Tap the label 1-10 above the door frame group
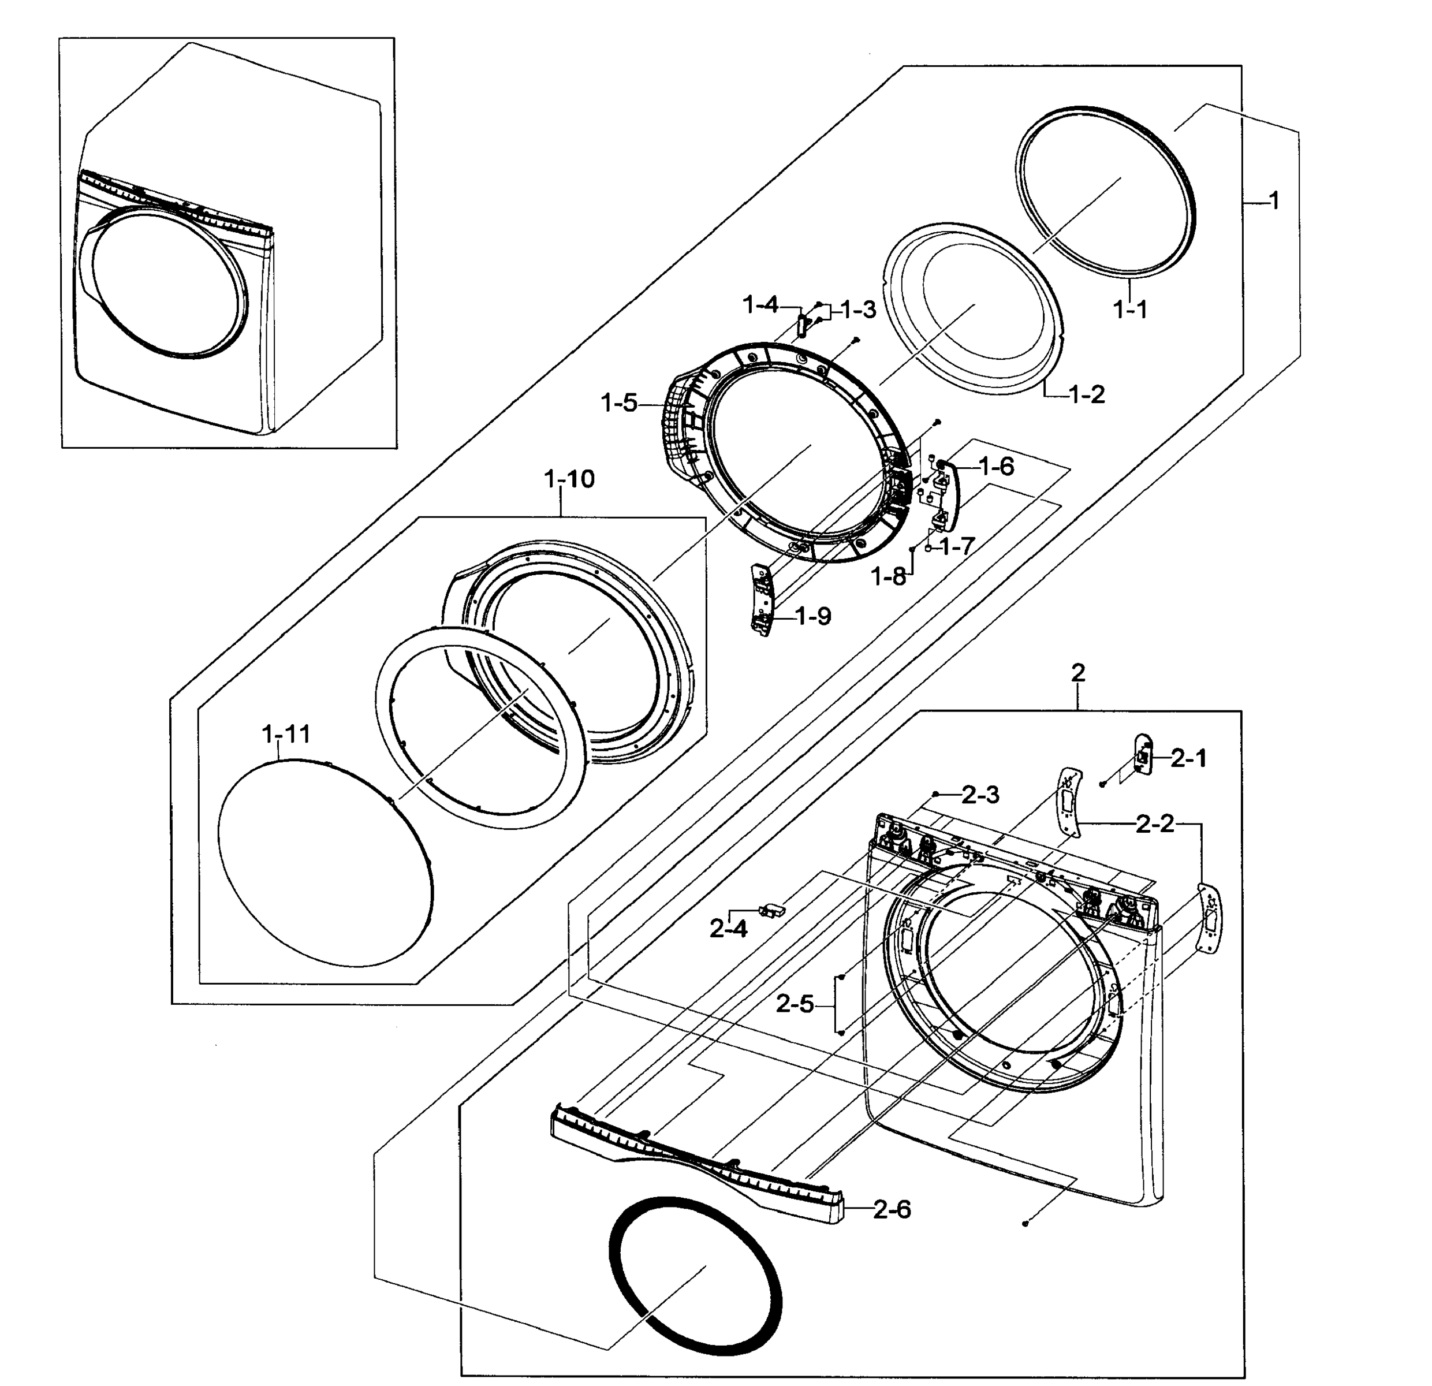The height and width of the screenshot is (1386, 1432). click(569, 479)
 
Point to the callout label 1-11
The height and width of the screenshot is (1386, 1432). click(286, 733)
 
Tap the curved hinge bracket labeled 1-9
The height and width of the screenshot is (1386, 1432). click(760, 599)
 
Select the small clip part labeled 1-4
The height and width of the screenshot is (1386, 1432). click(801, 325)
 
